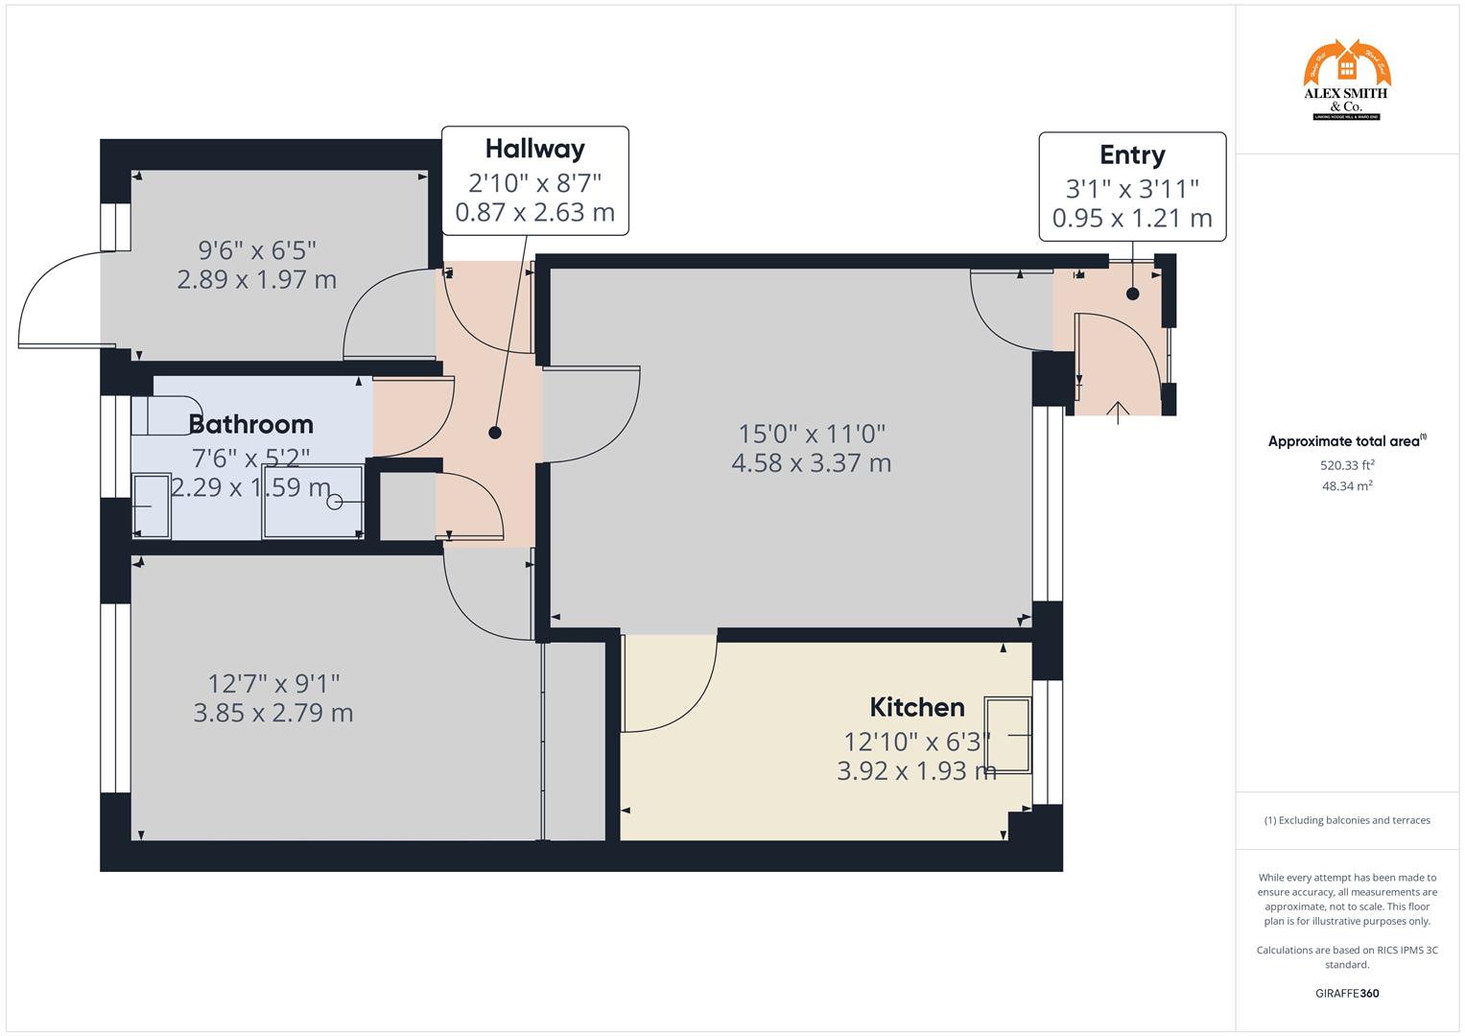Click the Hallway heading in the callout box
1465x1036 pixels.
[534, 149]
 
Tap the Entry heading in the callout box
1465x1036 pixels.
[1132, 154]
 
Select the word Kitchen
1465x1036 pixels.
[917, 708]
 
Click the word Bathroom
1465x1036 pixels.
[251, 424]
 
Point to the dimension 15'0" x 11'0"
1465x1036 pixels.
[812, 434]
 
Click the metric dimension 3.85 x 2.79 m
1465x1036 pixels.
[273, 714]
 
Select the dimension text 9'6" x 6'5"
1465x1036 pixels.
[257, 250]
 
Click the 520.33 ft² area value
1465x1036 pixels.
[1347, 465]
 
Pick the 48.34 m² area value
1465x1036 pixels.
[1347, 486]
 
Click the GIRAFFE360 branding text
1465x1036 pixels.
[1347, 994]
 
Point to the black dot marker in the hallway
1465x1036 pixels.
[495, 433]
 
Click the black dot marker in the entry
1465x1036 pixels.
[1133, 294]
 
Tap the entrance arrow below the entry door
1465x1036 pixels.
[1118, 412]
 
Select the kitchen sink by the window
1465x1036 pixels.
[1010, 735]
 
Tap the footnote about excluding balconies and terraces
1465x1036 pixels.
[1347, 821]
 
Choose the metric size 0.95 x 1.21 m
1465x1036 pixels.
[1132, 219]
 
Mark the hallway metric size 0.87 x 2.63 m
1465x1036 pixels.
[534, 213]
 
